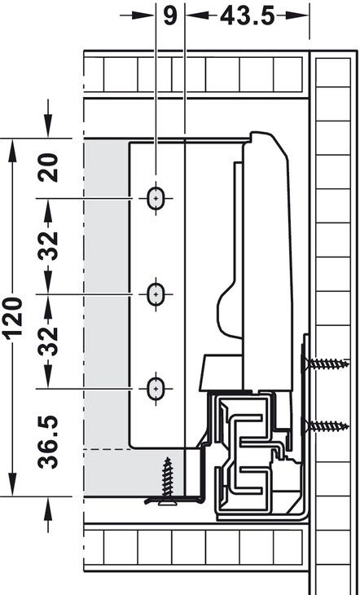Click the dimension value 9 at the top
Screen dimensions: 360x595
coord(170,16)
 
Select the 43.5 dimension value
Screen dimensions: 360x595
coord(248,16)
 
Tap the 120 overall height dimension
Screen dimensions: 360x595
coord(12,319)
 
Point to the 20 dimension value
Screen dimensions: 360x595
coord(48,168)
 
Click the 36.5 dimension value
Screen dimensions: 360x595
coord(48,442)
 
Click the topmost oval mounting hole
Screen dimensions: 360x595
coord(156,198)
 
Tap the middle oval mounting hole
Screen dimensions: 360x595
coord(156,294)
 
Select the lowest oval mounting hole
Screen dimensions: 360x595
coord(156,389)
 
